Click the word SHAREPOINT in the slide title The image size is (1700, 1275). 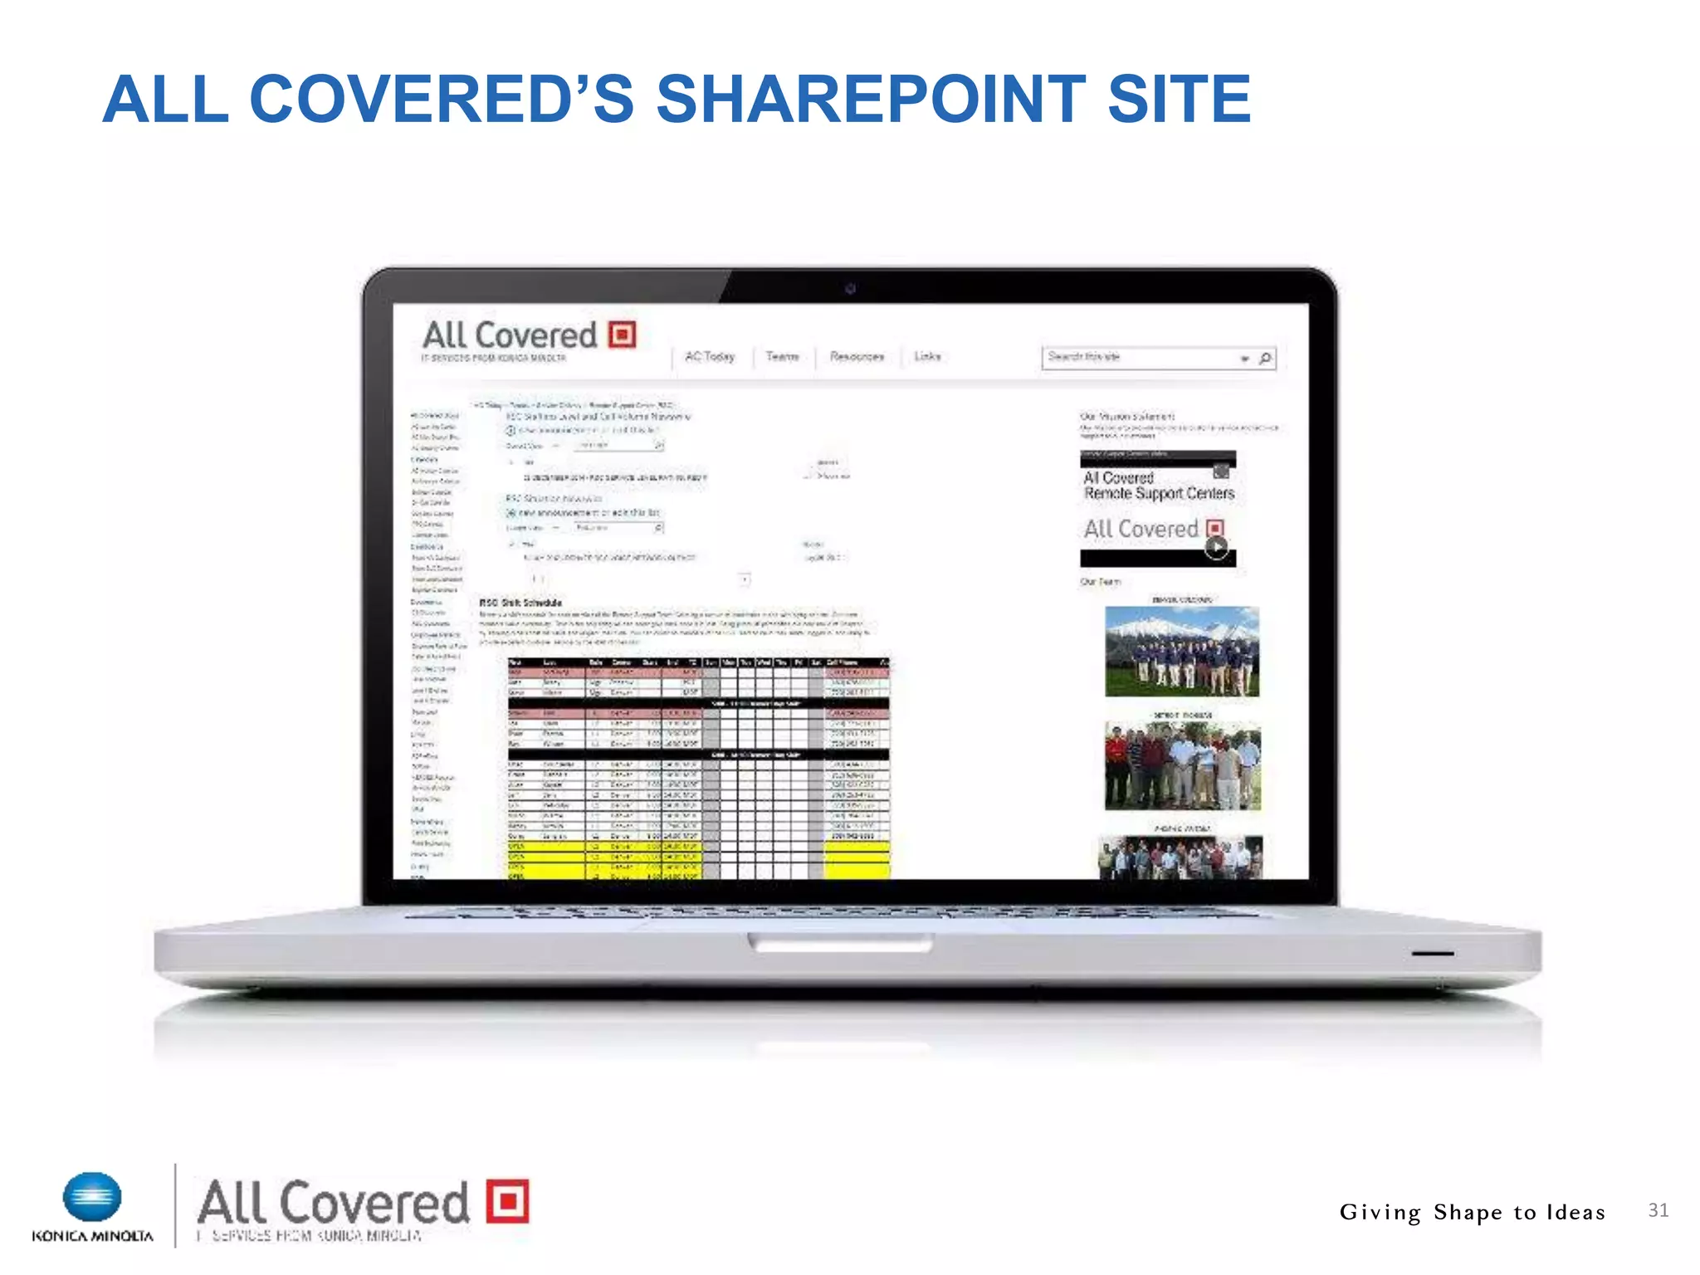point(871,100)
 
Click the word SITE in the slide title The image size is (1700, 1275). point(1179,100)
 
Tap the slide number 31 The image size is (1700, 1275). point(1658,1210)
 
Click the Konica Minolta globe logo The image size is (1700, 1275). point(92,1197)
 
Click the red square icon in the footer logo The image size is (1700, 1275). point(507,1201)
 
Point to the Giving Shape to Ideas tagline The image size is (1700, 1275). point(1472,1213)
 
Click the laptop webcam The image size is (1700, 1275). point(850,289)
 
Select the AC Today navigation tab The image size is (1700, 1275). point(710,356)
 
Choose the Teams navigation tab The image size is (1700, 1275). point(782,356)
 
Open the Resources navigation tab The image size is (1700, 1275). point(857,356)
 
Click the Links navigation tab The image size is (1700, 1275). point(927,356)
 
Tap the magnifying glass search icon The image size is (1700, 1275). point(1265,358)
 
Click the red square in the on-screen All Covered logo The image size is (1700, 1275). point(623,335)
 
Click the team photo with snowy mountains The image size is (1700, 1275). point(1182,652)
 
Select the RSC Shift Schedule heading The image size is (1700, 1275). point(520,603)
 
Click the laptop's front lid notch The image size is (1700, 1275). point(840,942)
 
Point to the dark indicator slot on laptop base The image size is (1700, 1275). point(1432,954)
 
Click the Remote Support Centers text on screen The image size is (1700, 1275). point(1159,494)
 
